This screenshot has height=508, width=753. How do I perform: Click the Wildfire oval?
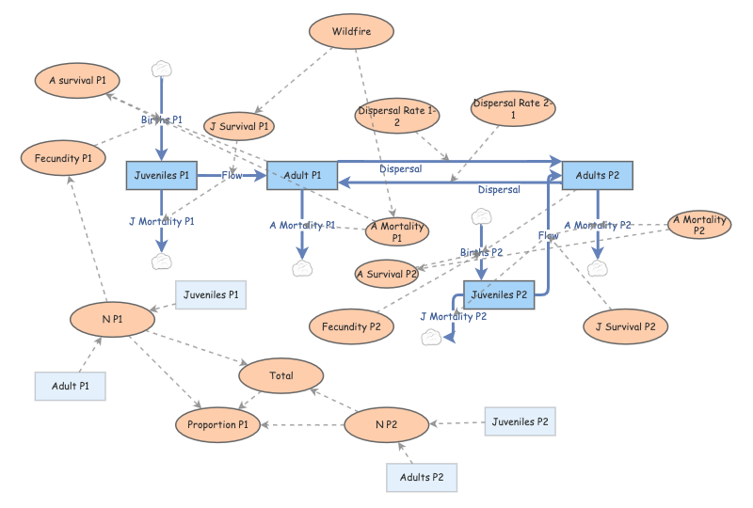[351, 33]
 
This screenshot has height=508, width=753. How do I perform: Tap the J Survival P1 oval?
[239, 126]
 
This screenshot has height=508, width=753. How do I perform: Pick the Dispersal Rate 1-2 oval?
[396, 117]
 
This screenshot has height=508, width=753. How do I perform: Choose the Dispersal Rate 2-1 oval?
[513, 109]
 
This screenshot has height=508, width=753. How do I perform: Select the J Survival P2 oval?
[626, 326]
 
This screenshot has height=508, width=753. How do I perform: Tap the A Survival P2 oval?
[387, 275]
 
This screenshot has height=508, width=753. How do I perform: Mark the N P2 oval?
[386, 425]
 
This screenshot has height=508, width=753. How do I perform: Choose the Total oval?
[281, 375]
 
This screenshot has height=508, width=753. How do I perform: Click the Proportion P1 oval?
[217, 424]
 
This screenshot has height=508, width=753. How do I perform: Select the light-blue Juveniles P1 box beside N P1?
[212, 295]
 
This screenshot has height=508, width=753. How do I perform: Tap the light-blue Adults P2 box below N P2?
[422, 477]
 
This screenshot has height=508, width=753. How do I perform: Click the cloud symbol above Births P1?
[162, 68]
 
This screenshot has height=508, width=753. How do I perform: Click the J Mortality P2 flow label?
[454, 317]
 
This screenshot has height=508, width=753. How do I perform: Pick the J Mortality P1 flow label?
[161, 222]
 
